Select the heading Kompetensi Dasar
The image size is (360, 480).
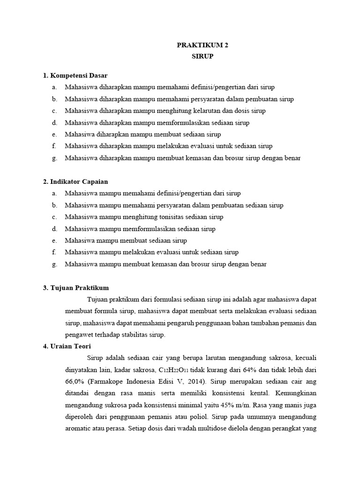(78, 75)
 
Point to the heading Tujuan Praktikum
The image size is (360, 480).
(79, 288)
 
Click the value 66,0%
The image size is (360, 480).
(76, 382)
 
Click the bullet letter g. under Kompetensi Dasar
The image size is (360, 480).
(55, 158)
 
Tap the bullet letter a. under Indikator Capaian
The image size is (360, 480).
(55, 193)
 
